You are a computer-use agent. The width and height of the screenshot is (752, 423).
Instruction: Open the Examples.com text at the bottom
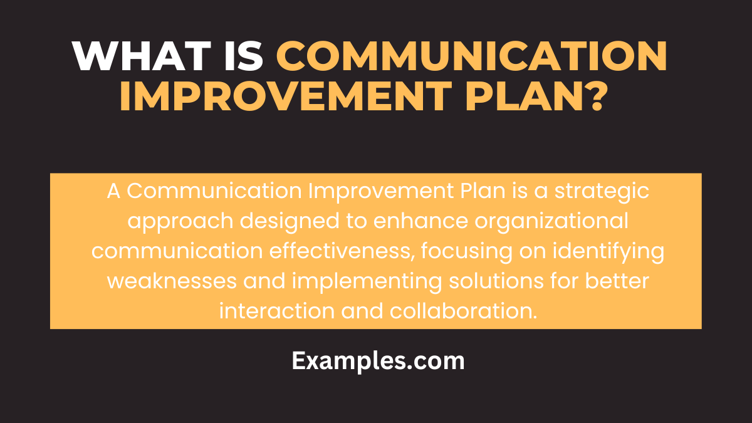click(x=378, y=361)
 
